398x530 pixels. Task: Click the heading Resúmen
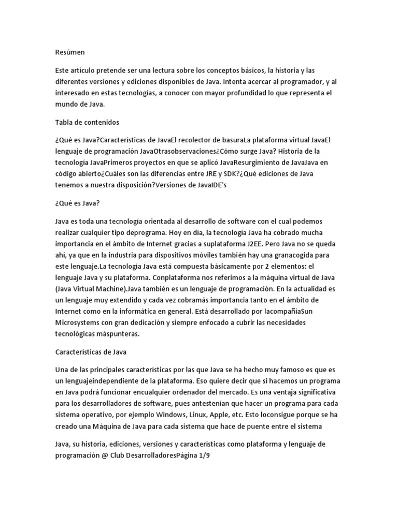70,52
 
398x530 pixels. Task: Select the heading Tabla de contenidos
87,123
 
